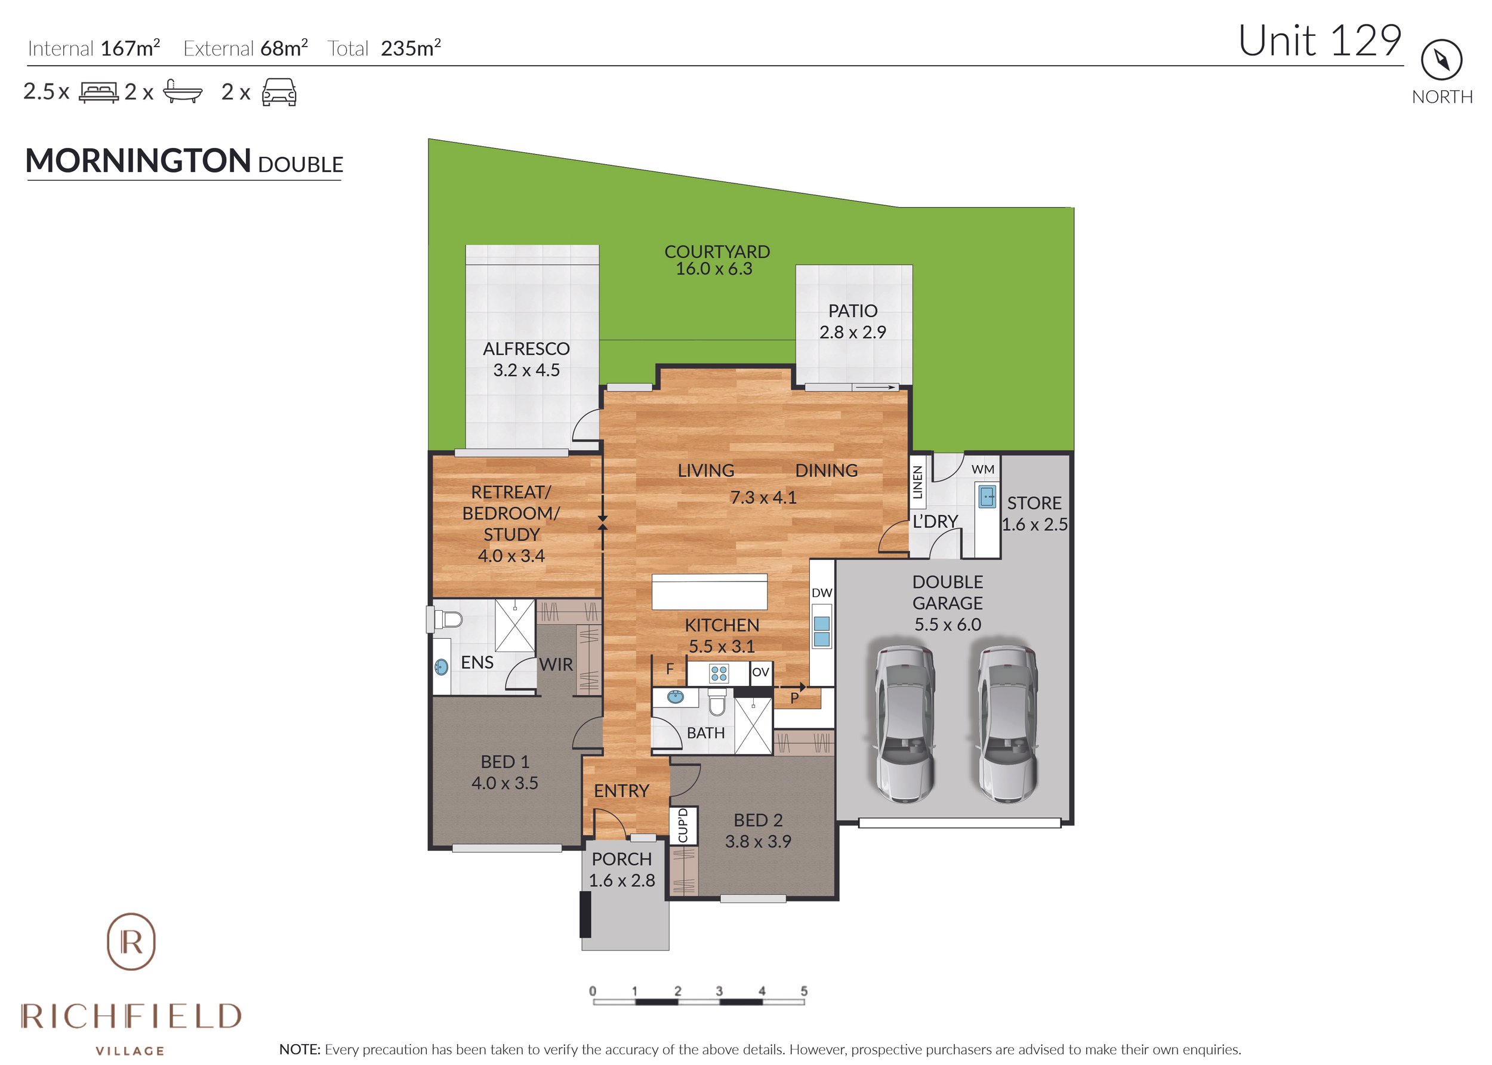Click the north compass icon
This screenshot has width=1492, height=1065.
coord(1441,60)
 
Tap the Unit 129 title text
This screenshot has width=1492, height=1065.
coord(1319,41)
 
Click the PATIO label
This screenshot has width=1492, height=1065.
coord(852,311)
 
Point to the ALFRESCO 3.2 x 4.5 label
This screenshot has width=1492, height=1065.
coord(526,359)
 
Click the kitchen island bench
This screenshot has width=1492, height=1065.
coord(709,592)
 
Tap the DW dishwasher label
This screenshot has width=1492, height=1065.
coord(821,593)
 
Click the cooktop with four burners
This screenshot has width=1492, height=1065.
coord(719,673)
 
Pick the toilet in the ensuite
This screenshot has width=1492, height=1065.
coord(449,618)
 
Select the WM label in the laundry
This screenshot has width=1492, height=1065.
coord(983,470)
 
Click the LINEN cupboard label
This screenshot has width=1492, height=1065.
coord(918,483)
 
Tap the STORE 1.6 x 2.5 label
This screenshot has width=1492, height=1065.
coord(1034,513)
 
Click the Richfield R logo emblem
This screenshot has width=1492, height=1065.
coord(131,941)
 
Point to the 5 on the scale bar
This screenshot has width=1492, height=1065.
coord(804,991)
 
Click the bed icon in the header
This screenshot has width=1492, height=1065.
coord(98,92)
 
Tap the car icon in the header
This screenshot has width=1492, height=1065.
coord(279,92)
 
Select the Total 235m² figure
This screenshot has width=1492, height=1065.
coord(384,48)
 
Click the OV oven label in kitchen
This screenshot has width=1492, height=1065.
coord(760,672)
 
